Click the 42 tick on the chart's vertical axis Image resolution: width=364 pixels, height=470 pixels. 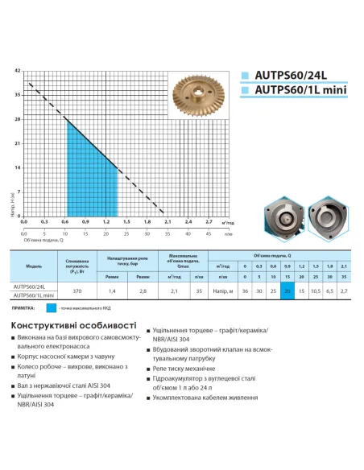18,72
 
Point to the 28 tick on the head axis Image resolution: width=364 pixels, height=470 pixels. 18,119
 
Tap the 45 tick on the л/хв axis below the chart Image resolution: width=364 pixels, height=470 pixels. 209,234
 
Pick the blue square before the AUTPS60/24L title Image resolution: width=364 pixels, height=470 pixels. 244,78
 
